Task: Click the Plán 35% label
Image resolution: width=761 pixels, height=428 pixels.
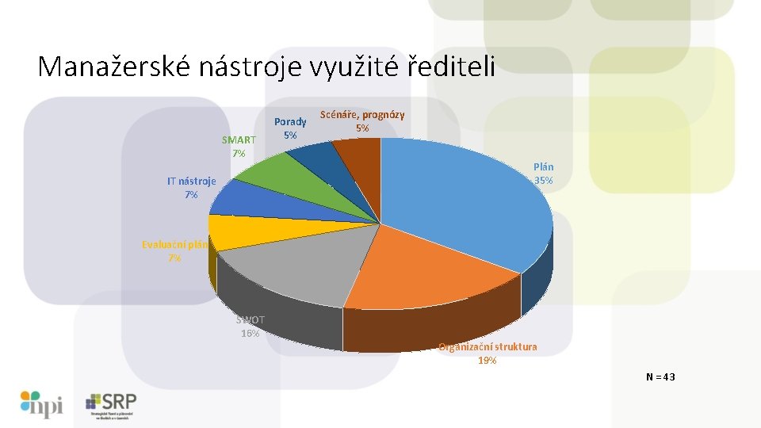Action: pos(543,174)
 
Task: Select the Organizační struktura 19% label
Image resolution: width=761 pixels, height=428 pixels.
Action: pos(488,353)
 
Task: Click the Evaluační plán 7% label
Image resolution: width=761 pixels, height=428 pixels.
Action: pos(174,251)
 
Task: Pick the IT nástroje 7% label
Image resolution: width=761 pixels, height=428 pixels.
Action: pos(191,187)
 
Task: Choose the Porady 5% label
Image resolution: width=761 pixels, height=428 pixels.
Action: pos(290,128)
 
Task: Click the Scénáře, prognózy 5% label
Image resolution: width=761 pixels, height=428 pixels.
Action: pos(361,121)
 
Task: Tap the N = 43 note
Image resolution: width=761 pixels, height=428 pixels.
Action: pos(660,377)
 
